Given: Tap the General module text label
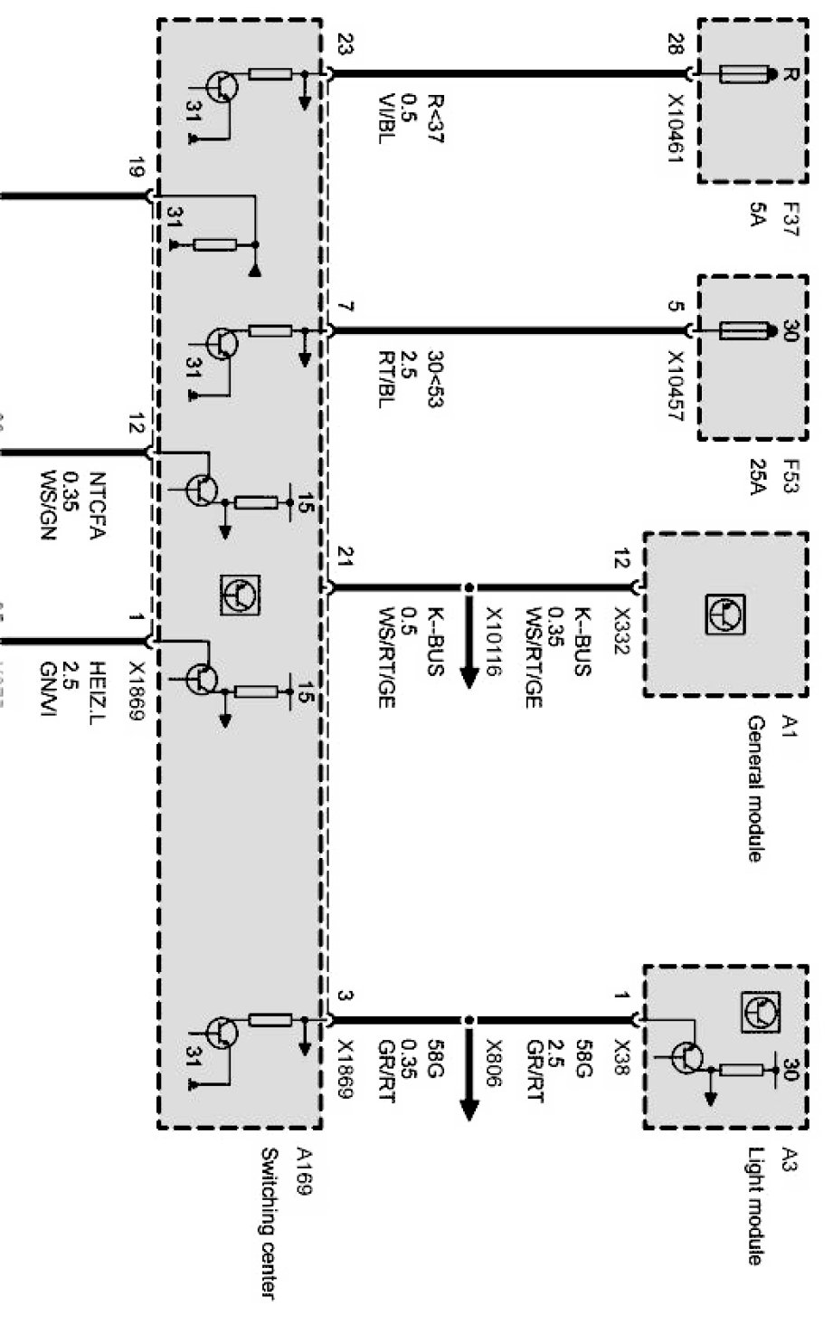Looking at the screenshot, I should coord(756,788).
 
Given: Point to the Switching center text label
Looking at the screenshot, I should coord(269,1225).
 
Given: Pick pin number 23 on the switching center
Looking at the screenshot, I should coord(344,44).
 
